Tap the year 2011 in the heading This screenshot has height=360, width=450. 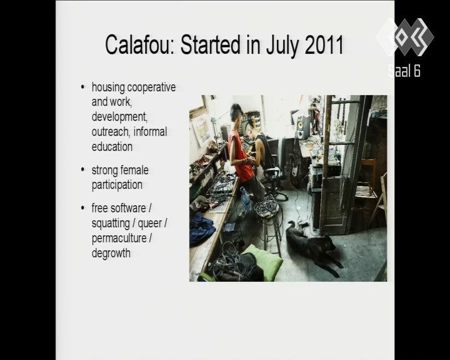[324, 45]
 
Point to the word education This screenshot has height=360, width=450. [112, 147]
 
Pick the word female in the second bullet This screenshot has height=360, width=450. [134, 170]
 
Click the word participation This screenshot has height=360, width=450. [117, 185]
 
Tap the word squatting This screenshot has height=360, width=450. [111, 223]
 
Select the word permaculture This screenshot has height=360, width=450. [119, 238]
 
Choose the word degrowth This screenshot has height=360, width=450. [111, 254]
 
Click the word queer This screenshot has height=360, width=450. [150, 224]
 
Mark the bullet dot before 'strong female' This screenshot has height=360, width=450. [82, 169]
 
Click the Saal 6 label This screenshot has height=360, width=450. [404, 71]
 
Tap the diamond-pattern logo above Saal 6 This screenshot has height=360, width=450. [404, 37]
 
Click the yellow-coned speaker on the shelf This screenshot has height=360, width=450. [303, 127]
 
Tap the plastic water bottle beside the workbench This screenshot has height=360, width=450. [246, 200]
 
